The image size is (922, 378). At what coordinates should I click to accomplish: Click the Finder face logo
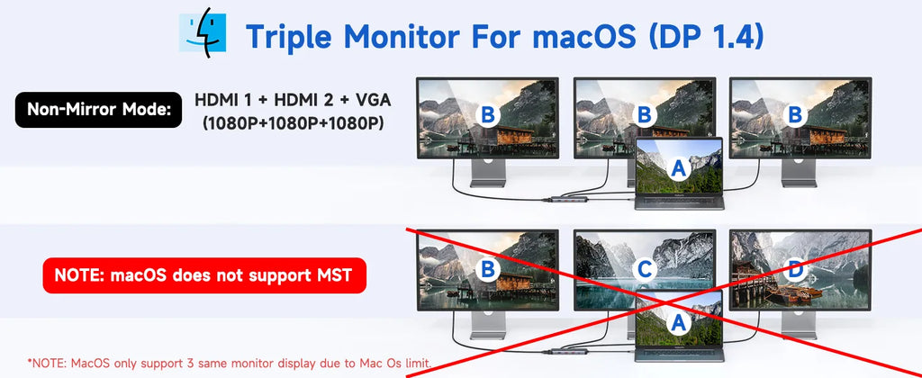pyautogui.click(x=203, y=32)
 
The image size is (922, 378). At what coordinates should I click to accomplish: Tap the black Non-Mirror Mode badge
pyautogui.click(x=98, y=110)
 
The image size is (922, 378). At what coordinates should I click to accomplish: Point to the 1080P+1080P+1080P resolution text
pyautogui.click(x=293, y=124)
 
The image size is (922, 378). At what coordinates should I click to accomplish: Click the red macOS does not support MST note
pyautogui.click(x=204, y=274)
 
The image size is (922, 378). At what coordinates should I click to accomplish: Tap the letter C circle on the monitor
pyautogui.click(x=645, y=270)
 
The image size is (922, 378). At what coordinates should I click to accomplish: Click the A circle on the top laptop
pyautogui.click(x=679, y=169)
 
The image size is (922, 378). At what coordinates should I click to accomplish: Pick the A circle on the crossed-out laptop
pyautogui.click(x=679, y=322)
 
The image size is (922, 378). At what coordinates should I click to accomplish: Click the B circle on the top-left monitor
pyautogui.click(x=487, y=115)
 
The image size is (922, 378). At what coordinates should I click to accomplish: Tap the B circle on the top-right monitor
pyautogui.click(x=796, y=115)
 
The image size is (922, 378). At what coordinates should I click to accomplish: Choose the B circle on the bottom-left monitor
pyautogui.click(x=487, y=270)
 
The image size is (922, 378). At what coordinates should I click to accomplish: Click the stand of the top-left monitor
pyautogui.click(x=487, y=174)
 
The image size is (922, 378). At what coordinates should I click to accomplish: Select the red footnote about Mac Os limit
pyautogui.click(x=230, y=362)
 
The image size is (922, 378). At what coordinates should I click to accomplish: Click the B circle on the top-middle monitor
pyautogui.click(x=645, y=115)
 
